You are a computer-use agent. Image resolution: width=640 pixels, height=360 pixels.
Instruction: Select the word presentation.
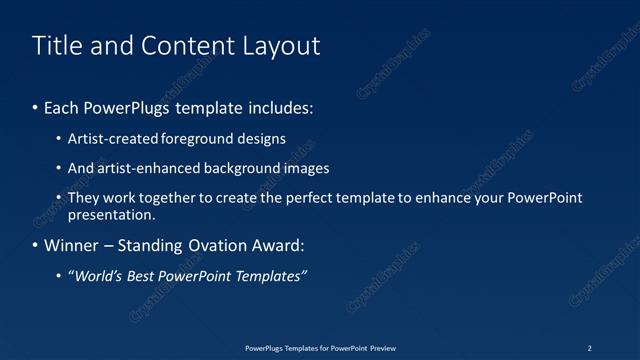[x=111, y=214]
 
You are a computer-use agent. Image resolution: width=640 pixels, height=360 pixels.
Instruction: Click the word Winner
[x=72, y=245]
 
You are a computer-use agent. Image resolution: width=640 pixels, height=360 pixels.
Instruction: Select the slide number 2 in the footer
[x=590, y=347]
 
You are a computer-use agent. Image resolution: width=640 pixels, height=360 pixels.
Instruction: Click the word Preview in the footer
[x=383, y=347]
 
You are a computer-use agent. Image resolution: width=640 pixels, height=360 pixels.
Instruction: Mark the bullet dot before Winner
[x=37, y=245]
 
